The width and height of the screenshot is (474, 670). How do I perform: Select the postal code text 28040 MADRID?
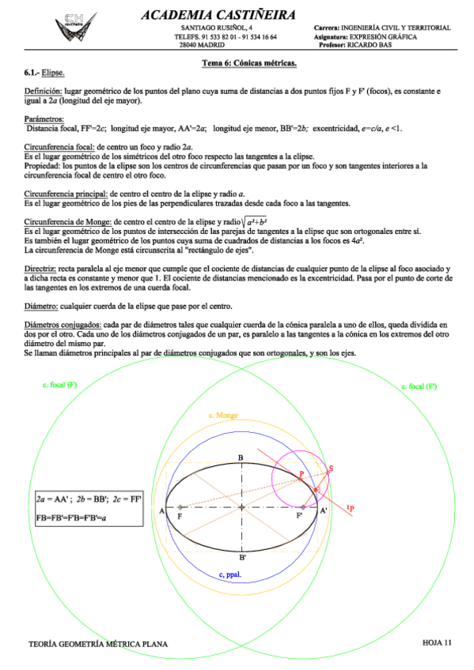pyautogui.click(x=203, y=45)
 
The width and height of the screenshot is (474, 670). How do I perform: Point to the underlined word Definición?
pyautogui.click(x=41, y=92)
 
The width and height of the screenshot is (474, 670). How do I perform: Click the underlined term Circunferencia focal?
pyautogui.click(x=59, y=146)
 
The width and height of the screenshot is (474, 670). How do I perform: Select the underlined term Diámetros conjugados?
pyautogui.click(x=63, y=324)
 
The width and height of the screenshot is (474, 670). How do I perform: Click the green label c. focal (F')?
pyautogui.click(x=419, y=386)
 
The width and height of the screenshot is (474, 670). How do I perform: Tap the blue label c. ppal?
pyautogui.click(x=230, y=574)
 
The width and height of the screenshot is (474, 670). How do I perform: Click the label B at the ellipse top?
pyautogui.click(x=241, y=457)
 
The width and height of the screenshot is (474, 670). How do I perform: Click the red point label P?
pyautogui.click(x=301, y=474)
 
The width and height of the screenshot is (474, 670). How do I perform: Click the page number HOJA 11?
pyautogui.click(x=436, y=642)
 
